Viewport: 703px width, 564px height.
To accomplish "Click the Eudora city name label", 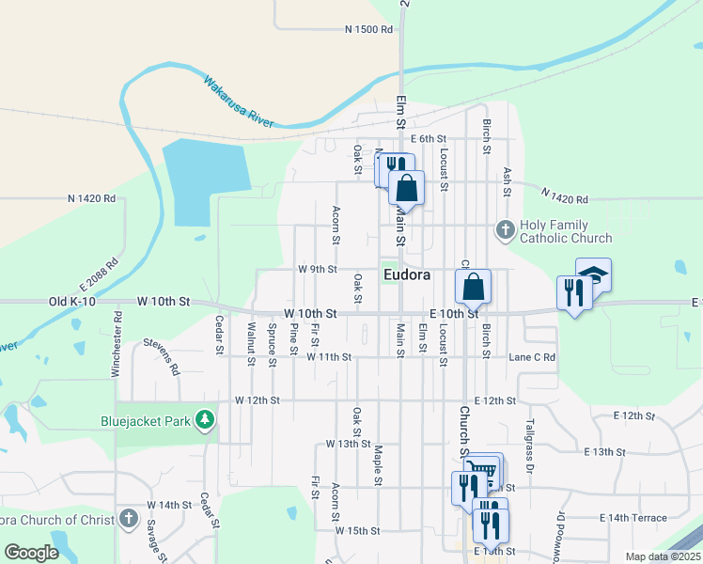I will click(x=407, y=275).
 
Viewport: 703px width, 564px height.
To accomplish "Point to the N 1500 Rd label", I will click(x=368, y=30).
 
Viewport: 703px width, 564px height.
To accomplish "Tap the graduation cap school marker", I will click(x=594, y=274).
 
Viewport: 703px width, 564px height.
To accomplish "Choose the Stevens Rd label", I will click(x=161, y=357).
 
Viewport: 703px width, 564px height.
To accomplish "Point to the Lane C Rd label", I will click(x=532, y=357).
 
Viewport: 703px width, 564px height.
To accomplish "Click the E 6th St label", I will click(x=428, y=138).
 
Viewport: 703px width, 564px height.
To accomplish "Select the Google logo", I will click(x=31, y=553).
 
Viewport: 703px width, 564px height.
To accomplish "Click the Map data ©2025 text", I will click(x=663, y=556).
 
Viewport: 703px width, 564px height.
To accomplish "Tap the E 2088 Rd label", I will click(x=100, y=278).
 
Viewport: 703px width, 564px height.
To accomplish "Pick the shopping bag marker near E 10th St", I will click(x=474, y=287).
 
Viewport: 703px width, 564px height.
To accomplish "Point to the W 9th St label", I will click(x=318, y=269).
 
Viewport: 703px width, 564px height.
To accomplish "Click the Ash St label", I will click(x=508, y=182).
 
